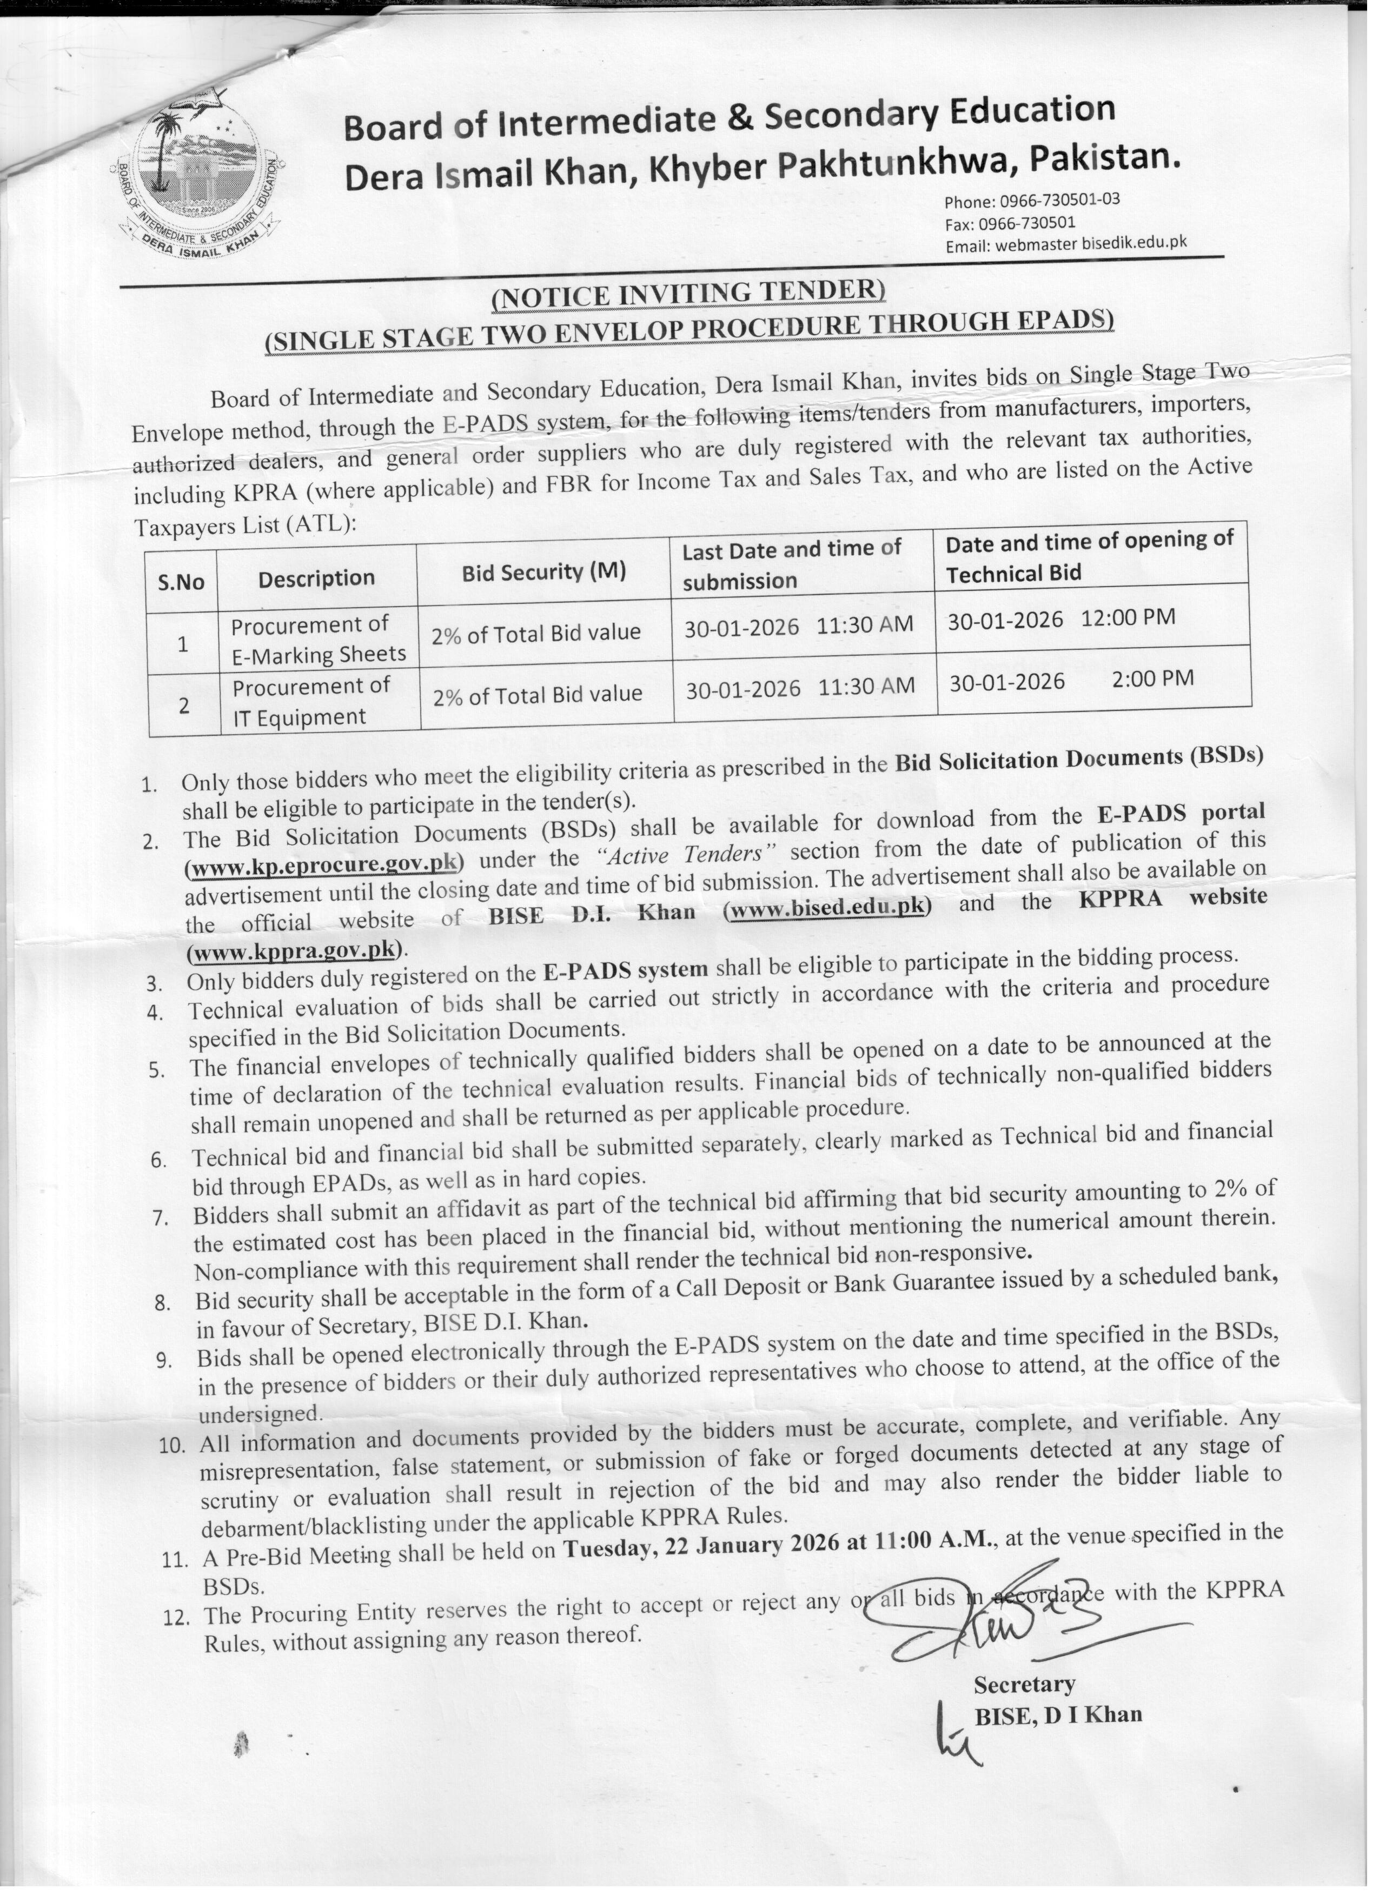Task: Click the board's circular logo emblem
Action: point(197,167)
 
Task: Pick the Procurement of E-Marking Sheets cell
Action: point(318,640)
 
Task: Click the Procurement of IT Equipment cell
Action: point(310,702)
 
